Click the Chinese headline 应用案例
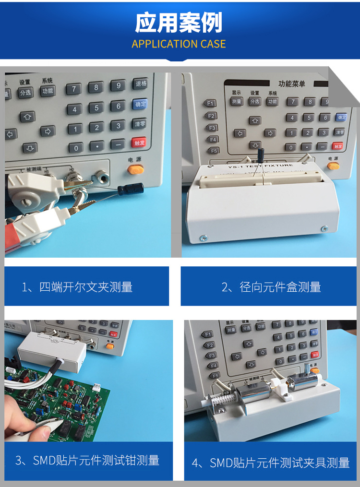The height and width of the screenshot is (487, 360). [179, 23]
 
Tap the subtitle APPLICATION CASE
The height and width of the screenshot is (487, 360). [179, 44]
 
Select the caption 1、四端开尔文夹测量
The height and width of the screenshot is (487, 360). [77, 287]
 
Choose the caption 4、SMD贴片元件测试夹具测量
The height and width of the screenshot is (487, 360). [271, 463]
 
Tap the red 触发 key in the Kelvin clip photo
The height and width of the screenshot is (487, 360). [139, 143]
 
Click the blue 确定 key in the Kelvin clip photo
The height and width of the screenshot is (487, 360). [139, 104]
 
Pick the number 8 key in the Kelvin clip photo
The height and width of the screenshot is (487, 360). [96, 87]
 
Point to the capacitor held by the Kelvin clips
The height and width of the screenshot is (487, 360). [130, 190]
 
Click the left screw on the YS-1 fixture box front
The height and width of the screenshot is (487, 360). [204, 238]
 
